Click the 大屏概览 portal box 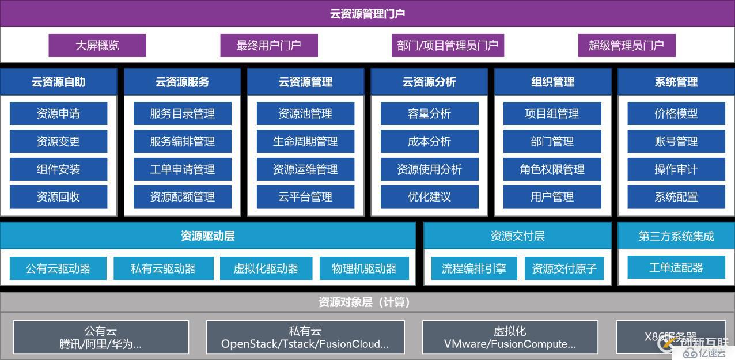(97, 46)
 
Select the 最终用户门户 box (269, 46)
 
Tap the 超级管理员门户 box (627, 46)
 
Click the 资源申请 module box (58, 113)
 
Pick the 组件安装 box (58, 169)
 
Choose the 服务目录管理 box (182, 113)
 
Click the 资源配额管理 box (182, 197)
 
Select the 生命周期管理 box (305, 141)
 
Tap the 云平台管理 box (305, 197)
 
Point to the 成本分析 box (429, 141)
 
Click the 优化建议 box (429, 197)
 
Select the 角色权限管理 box (552, 169)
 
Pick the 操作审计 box (676, 169)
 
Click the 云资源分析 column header (429, 82)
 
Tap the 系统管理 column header (676, 82)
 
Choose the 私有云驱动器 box (163, 268)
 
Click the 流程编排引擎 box (474, 268)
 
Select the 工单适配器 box (676, 268)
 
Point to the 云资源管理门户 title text (367, 14)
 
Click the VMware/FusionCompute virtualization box (510, 338)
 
